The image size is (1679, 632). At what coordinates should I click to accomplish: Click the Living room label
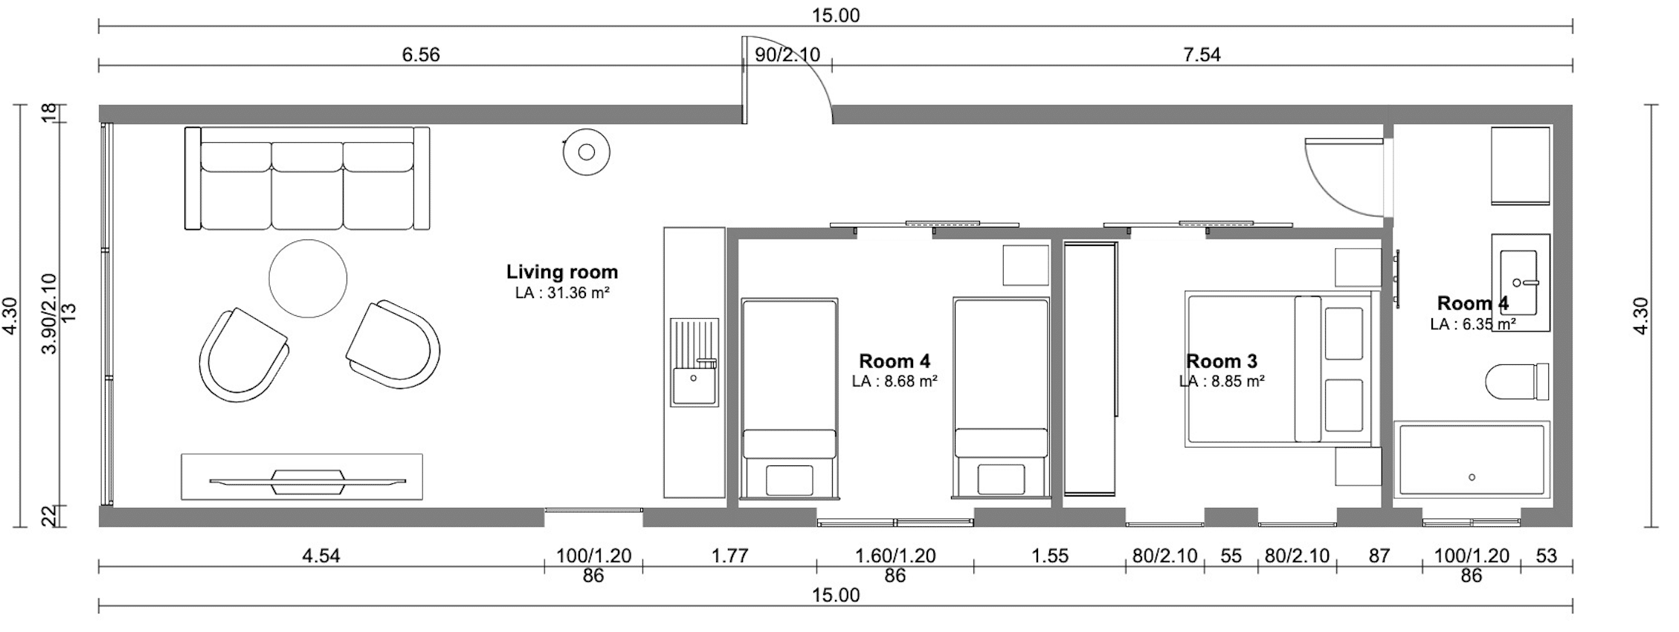(x=562, y=272)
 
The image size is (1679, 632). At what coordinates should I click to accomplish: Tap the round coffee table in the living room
(x=308, y=279)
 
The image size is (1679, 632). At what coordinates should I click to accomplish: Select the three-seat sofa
(x=307, y=178)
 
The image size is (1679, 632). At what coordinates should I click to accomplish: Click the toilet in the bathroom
(x=1517, y=382)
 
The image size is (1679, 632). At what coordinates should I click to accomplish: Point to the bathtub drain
(x=1472, y=477)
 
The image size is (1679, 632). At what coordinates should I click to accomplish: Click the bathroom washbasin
(x=1521, y=283)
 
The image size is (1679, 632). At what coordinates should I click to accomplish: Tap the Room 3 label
(x=1222, y=361)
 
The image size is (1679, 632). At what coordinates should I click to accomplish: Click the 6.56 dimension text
(x=421, y=54)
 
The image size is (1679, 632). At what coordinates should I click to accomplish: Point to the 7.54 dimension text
(x=1202, y=54)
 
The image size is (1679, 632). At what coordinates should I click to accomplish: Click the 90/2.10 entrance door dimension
(x=787, y=54)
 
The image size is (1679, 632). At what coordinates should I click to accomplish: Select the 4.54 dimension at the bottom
(x=321, y=555)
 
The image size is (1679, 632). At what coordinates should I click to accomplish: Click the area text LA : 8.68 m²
(x=895, y=381)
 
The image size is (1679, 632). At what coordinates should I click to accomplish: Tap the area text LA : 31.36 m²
(x=562, y=293)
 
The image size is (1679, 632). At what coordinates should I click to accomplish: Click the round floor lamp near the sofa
(x=587, y=152)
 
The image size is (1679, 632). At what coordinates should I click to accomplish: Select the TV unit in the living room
(x=302, y=477)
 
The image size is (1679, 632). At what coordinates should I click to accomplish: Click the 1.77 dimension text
(x=729, y=555)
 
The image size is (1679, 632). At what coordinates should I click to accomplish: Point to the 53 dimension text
(x=1546, y=555)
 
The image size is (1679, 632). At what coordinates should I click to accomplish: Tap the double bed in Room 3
(x=1278, y=369)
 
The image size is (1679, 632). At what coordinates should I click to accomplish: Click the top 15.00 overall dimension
(x=836, y=16)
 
